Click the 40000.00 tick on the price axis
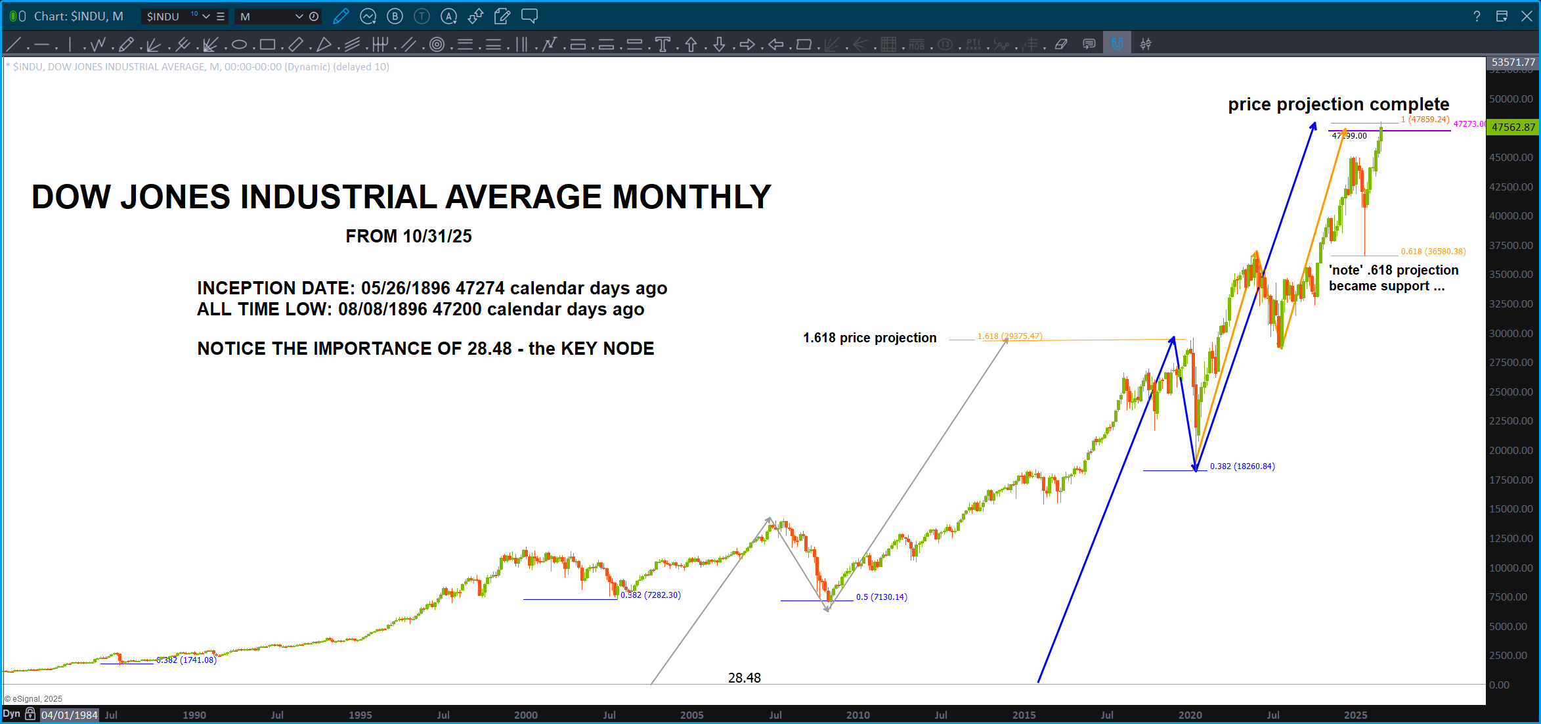click(1511, 216)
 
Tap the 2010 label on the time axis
click(857, 715)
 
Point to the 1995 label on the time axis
click(360, 715)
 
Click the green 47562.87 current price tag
click(1513, 127)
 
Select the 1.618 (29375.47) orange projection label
click(1009, 336)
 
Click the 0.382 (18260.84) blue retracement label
click(1242, 466)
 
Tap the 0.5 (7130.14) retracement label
click(881, 597)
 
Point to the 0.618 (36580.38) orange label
click(1433, 252)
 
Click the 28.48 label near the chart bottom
click(744, 678)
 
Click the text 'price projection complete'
click(1338, 104)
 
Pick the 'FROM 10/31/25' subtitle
click(408, 237)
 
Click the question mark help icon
click(1477, 16)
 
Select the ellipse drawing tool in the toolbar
click(239, 45)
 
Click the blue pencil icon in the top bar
click(341, 16)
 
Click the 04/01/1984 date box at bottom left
click(69, 715)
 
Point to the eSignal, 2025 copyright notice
click(33, 699)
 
